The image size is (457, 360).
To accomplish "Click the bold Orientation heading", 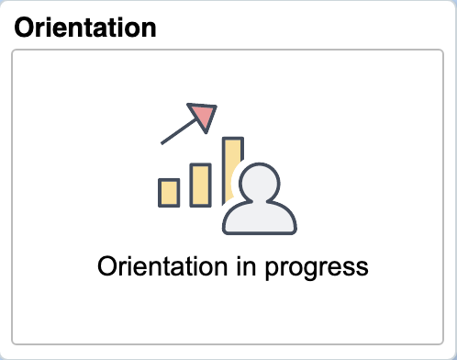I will coord(85,27).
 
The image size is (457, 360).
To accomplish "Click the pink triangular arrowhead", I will coord(202,115).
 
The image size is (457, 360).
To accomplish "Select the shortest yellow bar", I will coord(169,192).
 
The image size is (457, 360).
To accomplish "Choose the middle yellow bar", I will coord(200,185).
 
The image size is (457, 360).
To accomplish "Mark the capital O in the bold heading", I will coord(24,27).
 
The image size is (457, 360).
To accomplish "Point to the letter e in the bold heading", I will coord(70,28).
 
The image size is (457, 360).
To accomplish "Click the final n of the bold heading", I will coord(148,28).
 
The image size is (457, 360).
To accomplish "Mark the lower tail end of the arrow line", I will coord(162,143).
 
